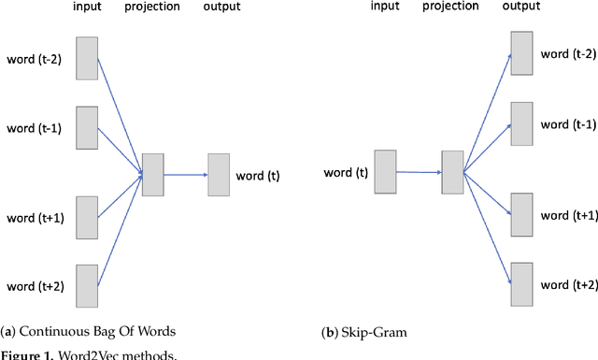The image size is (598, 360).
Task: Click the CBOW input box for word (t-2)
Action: coord(87,59)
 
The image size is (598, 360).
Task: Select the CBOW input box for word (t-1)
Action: coord(87,128)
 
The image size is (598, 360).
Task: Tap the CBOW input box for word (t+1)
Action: coord(87,218)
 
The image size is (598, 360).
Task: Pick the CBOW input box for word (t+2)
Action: coord(87,286)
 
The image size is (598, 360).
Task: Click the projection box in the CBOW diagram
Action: coord(152,174)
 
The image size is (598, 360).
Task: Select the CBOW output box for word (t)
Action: coord(219,175)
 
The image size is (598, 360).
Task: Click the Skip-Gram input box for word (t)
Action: coord(385,171)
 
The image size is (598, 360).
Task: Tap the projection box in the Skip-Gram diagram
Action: coord(452,172)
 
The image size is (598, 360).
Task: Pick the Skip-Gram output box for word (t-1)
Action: coord(521,124)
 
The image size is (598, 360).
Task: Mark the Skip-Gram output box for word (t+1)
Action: coord(521,215)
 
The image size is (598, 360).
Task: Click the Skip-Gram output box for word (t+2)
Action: coord(521,284)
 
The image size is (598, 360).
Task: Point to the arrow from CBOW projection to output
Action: coord(185,175)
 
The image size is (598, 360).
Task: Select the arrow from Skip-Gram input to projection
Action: coord(419,172)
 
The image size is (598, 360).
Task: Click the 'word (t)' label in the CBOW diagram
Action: coord(257,175)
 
